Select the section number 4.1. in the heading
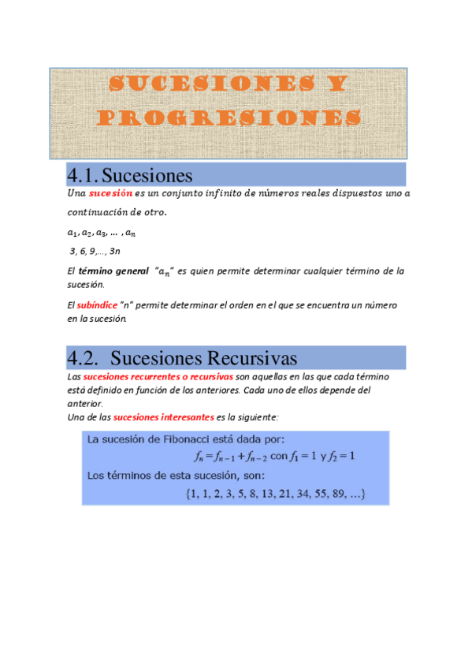(x=83, y=174)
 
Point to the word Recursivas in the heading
(x=251, y=359)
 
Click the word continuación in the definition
(x=96, y=213)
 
